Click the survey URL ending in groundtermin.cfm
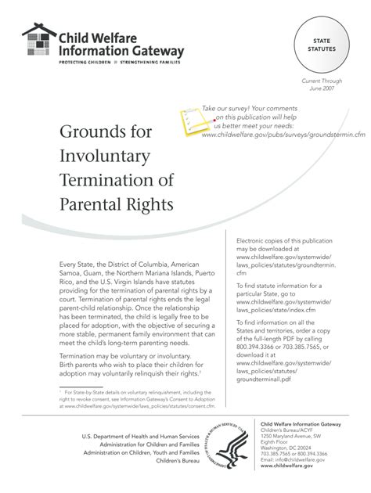tap(283, 135)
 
